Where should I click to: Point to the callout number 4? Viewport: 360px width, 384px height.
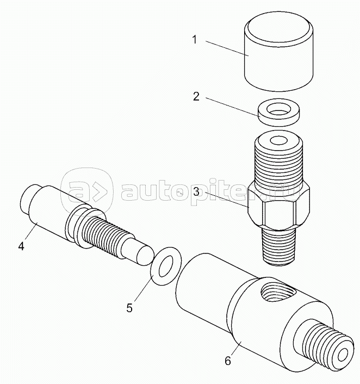point(21,246)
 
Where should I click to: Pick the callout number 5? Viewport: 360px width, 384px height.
point(129,307)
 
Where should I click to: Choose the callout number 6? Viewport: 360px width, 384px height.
point(228,361)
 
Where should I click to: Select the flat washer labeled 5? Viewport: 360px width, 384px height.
point(164,264)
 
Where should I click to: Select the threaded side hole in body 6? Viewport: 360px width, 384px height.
point(276,294)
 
